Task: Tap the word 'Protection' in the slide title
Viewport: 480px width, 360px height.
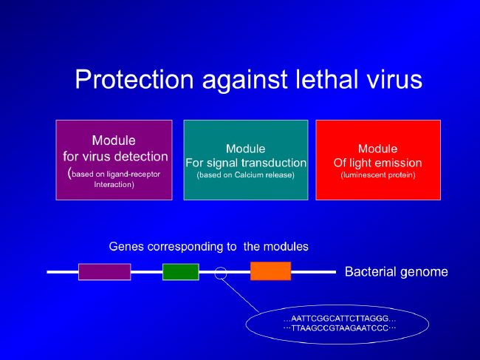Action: point(134,79)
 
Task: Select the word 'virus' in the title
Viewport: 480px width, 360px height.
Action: point(395,79)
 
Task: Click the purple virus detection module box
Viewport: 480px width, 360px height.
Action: point(114,160)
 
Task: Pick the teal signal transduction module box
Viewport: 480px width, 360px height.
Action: point(246,160)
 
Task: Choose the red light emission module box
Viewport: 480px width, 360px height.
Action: point(378,160)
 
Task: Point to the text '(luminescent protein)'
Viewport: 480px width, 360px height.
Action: point(378,175)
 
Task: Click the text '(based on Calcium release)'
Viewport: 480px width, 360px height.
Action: point(245,175)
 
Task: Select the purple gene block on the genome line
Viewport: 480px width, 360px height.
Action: point(105,272)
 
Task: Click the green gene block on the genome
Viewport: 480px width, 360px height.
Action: point(181,272)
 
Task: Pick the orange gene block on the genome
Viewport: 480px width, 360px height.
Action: point(270,271)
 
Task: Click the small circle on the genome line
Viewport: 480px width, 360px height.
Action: point(220,267)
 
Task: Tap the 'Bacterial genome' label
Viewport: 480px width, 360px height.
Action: point(397,272)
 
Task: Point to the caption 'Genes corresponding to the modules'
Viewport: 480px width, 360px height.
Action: point(208,247)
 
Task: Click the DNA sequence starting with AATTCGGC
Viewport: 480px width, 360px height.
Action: point(340,319)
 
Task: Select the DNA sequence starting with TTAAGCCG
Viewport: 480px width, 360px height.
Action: point(340,328)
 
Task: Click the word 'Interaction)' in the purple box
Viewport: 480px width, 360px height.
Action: point(114,185)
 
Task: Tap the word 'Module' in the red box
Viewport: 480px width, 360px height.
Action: point(378,149)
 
